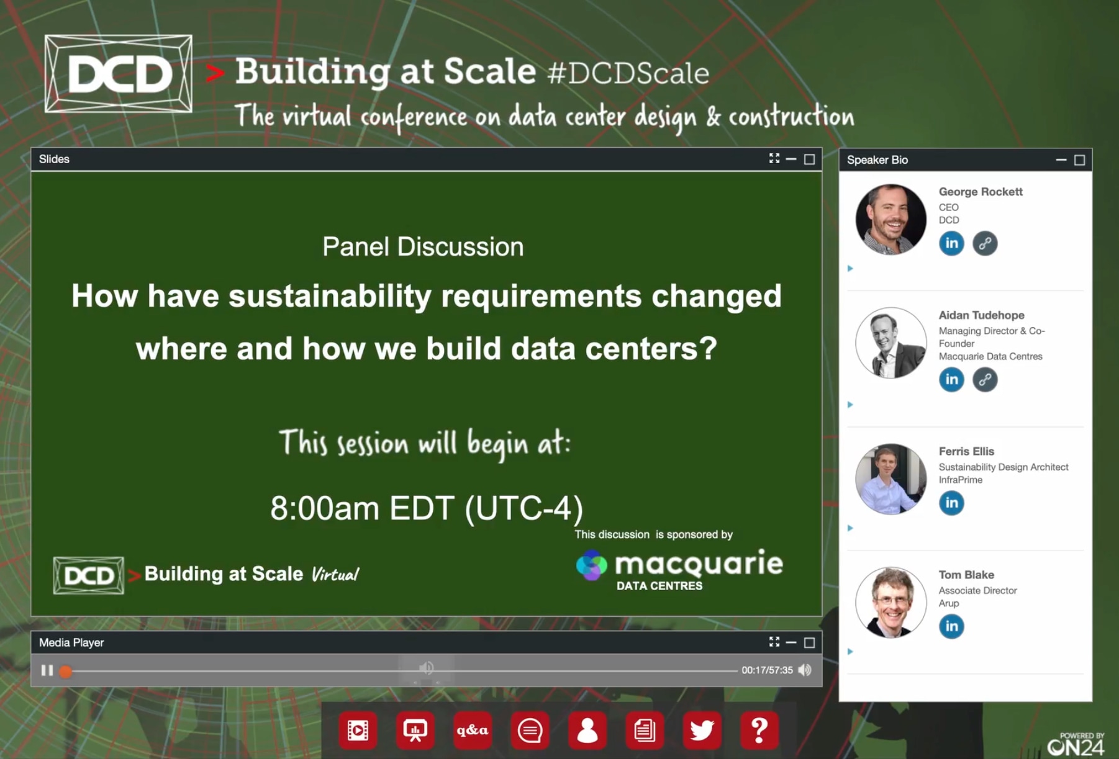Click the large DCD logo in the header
click(x=119, y=74)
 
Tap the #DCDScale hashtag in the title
click(x=628, y=73)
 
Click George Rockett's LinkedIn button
click(x=951, y=243)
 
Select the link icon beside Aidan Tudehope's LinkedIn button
click(x=985, y=379)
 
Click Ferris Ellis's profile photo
click(x=891, y=479)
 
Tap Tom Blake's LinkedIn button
click(x=951, y=626)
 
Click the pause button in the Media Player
click(x=47, y=670)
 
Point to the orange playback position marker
click(x=66, y=671)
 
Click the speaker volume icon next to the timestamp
click(x=805, y=670)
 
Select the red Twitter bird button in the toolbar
click(x=702, y=730)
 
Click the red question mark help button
click(x=759, y=730)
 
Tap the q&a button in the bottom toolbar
click(x=473, y=730)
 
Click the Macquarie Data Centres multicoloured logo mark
click(x=591, y=565)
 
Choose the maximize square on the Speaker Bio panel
click(x=1080, y=160)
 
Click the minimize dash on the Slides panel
click(x=791, y=159)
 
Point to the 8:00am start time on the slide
click(x=325, y=508)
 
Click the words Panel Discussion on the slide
click(x=423, y=246)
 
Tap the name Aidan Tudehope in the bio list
click(x=982, y=315)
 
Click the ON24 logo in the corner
click(x=1076, y=745)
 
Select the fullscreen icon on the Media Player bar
click(x=774, y=642)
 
